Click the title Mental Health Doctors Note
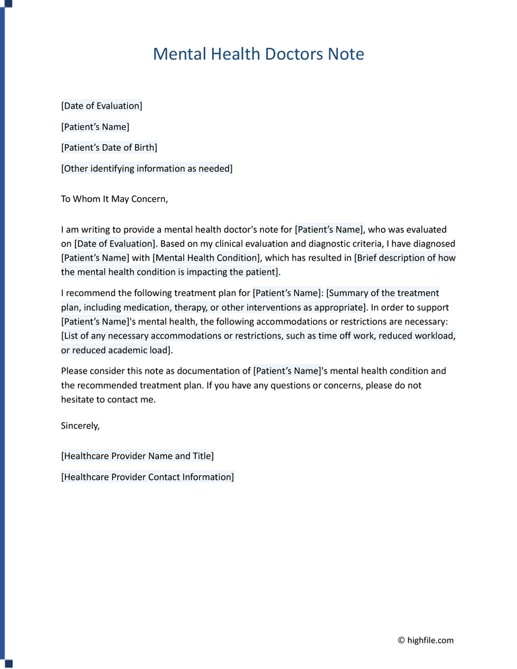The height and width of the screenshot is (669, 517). (258, 54)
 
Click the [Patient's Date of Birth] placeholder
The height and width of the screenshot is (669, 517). (108, 147)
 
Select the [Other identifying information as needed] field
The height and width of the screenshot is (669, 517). (146, 168)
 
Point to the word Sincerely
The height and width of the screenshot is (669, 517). (80, 425)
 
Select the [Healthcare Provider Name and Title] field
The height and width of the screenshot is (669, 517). (137, 456)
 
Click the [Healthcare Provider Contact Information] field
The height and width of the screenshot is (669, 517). (147, 477)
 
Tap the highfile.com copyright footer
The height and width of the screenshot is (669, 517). (425, 640)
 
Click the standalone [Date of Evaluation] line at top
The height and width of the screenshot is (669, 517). (101, 106)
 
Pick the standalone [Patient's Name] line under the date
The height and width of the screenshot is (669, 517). (95, 127)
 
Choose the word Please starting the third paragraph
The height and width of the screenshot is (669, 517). (75, 371)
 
